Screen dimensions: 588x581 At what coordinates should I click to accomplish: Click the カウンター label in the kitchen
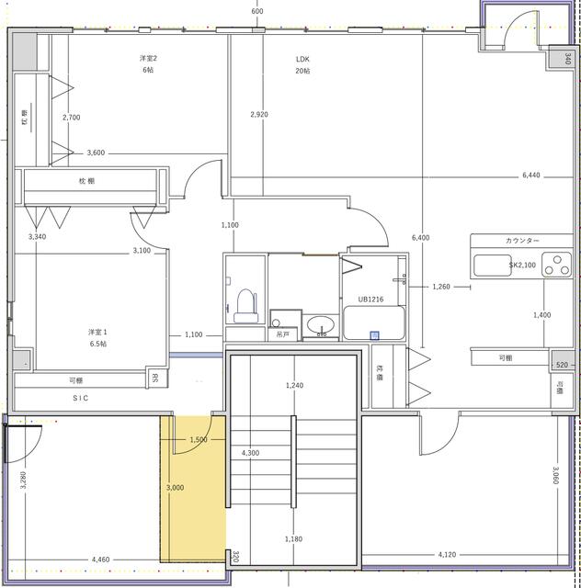coord(522,241)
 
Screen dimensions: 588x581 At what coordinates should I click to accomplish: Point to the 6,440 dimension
coord(531,175)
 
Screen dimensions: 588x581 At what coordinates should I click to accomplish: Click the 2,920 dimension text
coord(259,115)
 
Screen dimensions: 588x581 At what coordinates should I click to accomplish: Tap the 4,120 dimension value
coord(448,554)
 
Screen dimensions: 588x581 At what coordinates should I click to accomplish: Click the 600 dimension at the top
coord(256,11)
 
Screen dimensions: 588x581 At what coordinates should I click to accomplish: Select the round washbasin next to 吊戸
coord(320,325)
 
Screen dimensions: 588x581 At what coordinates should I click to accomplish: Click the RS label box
coord(156,378)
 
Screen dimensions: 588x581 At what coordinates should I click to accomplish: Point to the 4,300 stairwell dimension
coord(249,454)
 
